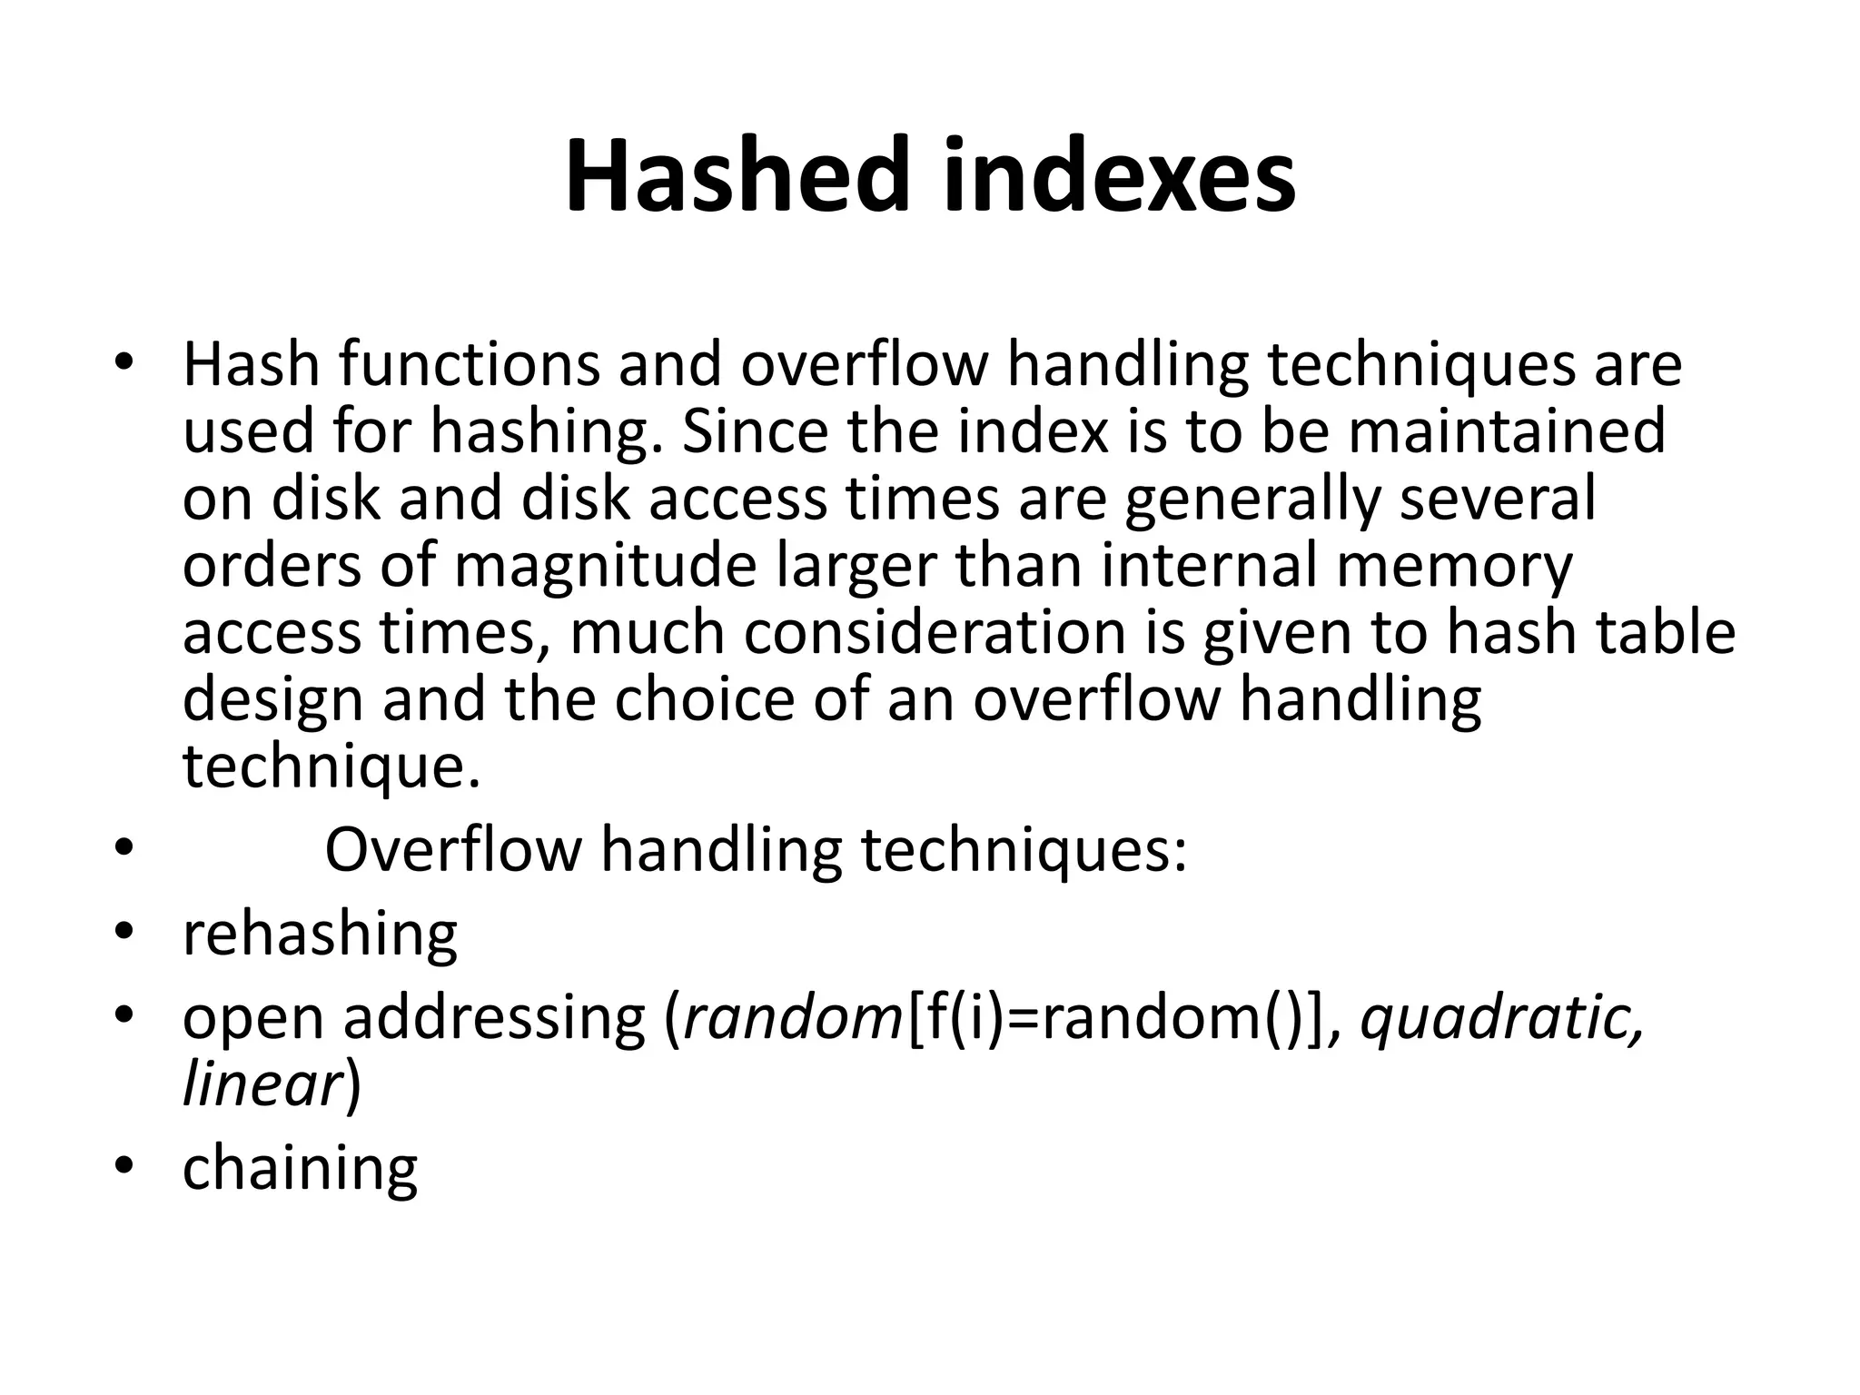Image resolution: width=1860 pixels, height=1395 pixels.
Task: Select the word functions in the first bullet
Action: [470, 364]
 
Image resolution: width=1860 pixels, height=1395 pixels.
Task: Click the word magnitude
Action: [605, 565]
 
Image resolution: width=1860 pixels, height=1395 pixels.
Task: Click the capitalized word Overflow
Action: [452, 850]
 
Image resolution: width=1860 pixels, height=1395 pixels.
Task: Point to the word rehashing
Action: [320, 935]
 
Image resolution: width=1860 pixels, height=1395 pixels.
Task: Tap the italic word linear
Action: [262, 1084]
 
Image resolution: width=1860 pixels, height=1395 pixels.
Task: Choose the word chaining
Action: [300, 1169]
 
